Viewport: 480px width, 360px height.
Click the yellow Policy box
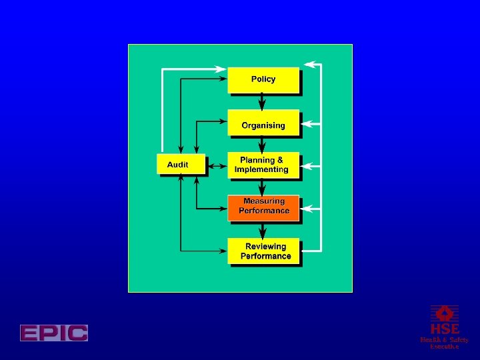[263, 79]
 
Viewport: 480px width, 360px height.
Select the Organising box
[263, 125]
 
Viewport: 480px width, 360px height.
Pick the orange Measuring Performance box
[263, 207]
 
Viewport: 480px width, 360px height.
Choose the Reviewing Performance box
[265, 251]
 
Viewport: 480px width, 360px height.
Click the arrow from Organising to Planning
[263, 145]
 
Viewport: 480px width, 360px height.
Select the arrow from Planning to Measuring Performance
[263, 188]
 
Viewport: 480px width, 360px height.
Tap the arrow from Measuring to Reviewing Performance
[263, 230]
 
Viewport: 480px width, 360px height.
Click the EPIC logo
[54, 333]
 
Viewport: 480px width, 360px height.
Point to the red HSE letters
[444, 329]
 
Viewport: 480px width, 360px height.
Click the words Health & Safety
[444, 339]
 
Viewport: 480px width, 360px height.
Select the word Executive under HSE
[444, 347]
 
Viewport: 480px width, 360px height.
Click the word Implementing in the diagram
[262, 169]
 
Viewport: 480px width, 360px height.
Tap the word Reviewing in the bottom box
[265, 247]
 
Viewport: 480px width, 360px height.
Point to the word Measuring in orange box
[264, 201]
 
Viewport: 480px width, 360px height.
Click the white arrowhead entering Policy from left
[222, 68]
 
